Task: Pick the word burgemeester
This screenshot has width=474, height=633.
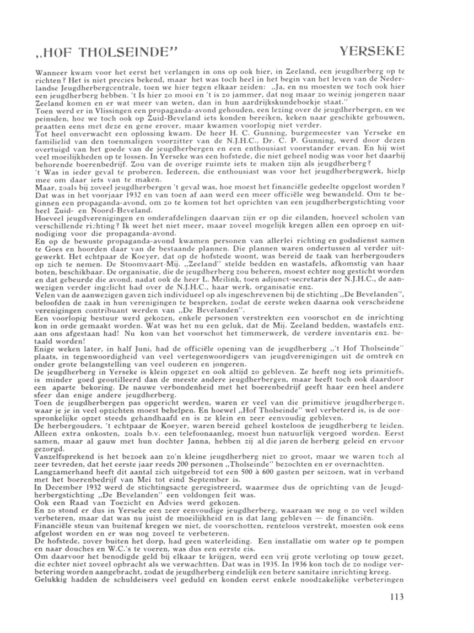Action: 279,142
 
